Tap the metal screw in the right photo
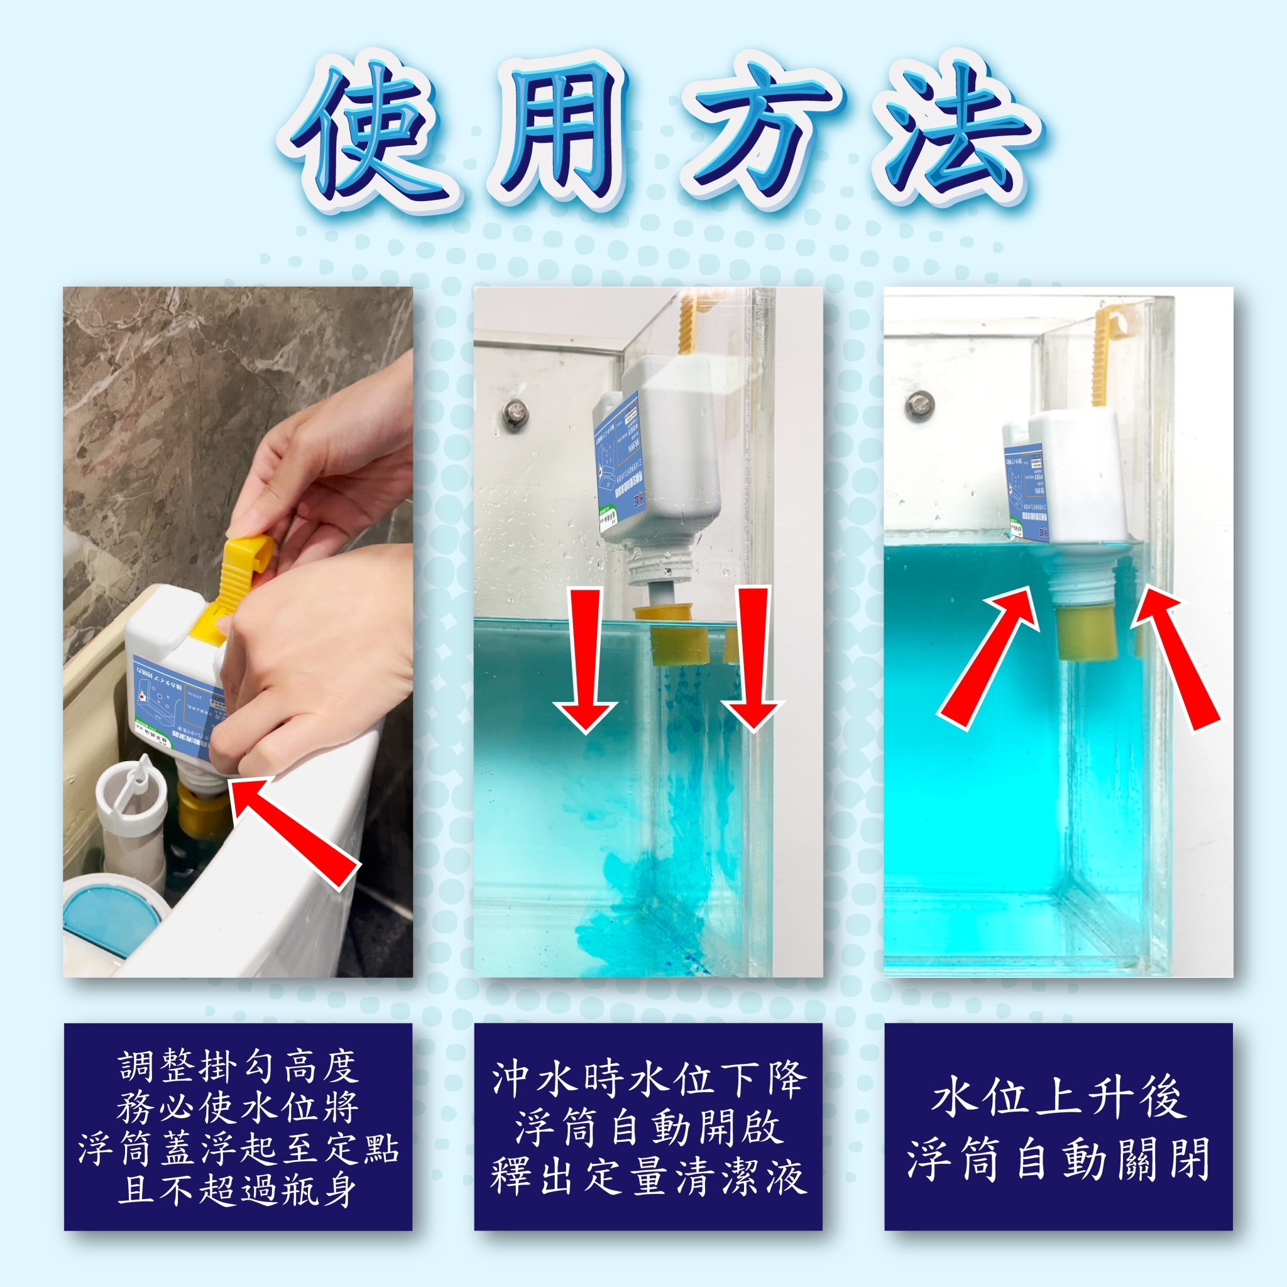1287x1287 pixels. [919, 403]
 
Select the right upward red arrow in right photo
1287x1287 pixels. [1178, 659]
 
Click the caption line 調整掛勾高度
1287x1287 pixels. [238, 1066]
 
